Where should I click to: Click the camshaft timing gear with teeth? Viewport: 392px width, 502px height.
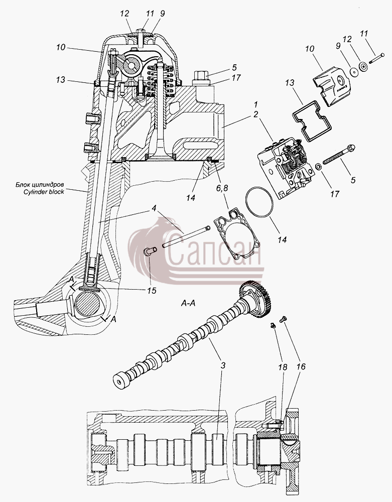[x=256, y=299]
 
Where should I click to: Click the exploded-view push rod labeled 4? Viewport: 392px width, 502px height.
[x=186, y=236]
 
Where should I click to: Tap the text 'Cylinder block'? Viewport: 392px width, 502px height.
[x=44, y=192]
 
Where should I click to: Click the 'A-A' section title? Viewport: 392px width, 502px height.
[x=188, y=303]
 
